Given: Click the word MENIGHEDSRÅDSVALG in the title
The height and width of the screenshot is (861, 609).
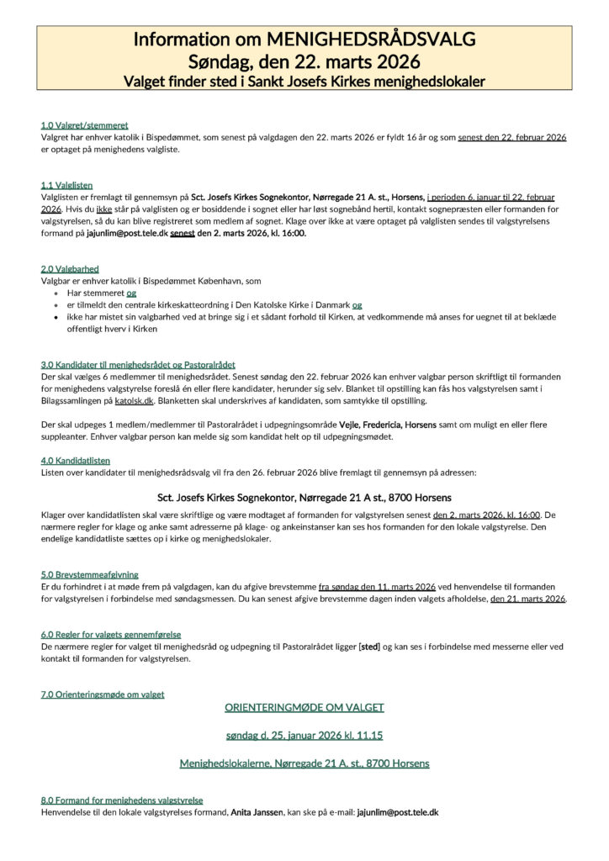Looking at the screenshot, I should [x=370, y=40].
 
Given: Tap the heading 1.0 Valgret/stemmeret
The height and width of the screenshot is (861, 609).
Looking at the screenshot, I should [x=84, y=124].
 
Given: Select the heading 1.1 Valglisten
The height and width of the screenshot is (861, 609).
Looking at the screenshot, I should [x=66, y=184].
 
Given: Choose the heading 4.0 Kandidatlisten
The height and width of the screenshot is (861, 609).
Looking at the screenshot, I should [x=75, y=461].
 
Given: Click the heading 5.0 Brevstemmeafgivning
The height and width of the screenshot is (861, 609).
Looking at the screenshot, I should [x=90, y=574].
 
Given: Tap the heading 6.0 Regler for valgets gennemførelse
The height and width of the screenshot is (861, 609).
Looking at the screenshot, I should [x=111, y=634].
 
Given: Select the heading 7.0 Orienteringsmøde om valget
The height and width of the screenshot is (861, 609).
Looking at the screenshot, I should [x=103, y=695].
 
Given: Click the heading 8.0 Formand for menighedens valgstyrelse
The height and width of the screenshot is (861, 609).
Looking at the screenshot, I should [x=122, y=800].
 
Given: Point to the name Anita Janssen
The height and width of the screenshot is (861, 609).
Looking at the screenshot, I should [x=257, y=812].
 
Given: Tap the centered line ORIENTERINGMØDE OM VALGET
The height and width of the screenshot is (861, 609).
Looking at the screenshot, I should [x=304, y=708].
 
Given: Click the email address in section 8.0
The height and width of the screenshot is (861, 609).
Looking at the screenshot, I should [x=397, y=812].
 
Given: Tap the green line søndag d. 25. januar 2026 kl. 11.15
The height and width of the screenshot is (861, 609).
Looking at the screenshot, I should [x=304, y=735].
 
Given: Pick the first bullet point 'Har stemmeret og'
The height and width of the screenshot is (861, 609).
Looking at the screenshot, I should [x=102, y=293].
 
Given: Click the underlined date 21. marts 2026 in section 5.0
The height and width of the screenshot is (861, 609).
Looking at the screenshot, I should [x=528, y=599].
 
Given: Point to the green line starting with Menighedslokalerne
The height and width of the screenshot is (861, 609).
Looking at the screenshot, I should [x=304, y=763].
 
